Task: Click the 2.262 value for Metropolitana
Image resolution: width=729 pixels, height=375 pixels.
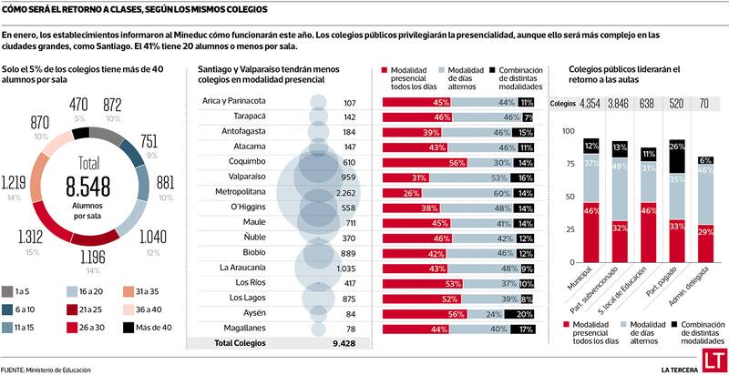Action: (x=345, y=193)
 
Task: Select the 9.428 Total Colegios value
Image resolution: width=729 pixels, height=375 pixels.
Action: (x=345, y=343)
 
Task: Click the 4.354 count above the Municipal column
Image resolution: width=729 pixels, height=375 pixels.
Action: (x=590, y=104)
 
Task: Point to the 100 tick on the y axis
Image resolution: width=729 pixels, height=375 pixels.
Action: (x=570, y=132)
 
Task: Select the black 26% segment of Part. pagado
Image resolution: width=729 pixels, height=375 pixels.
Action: (x=677, y=157)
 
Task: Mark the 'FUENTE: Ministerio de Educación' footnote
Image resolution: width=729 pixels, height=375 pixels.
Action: (x=46, y=368)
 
